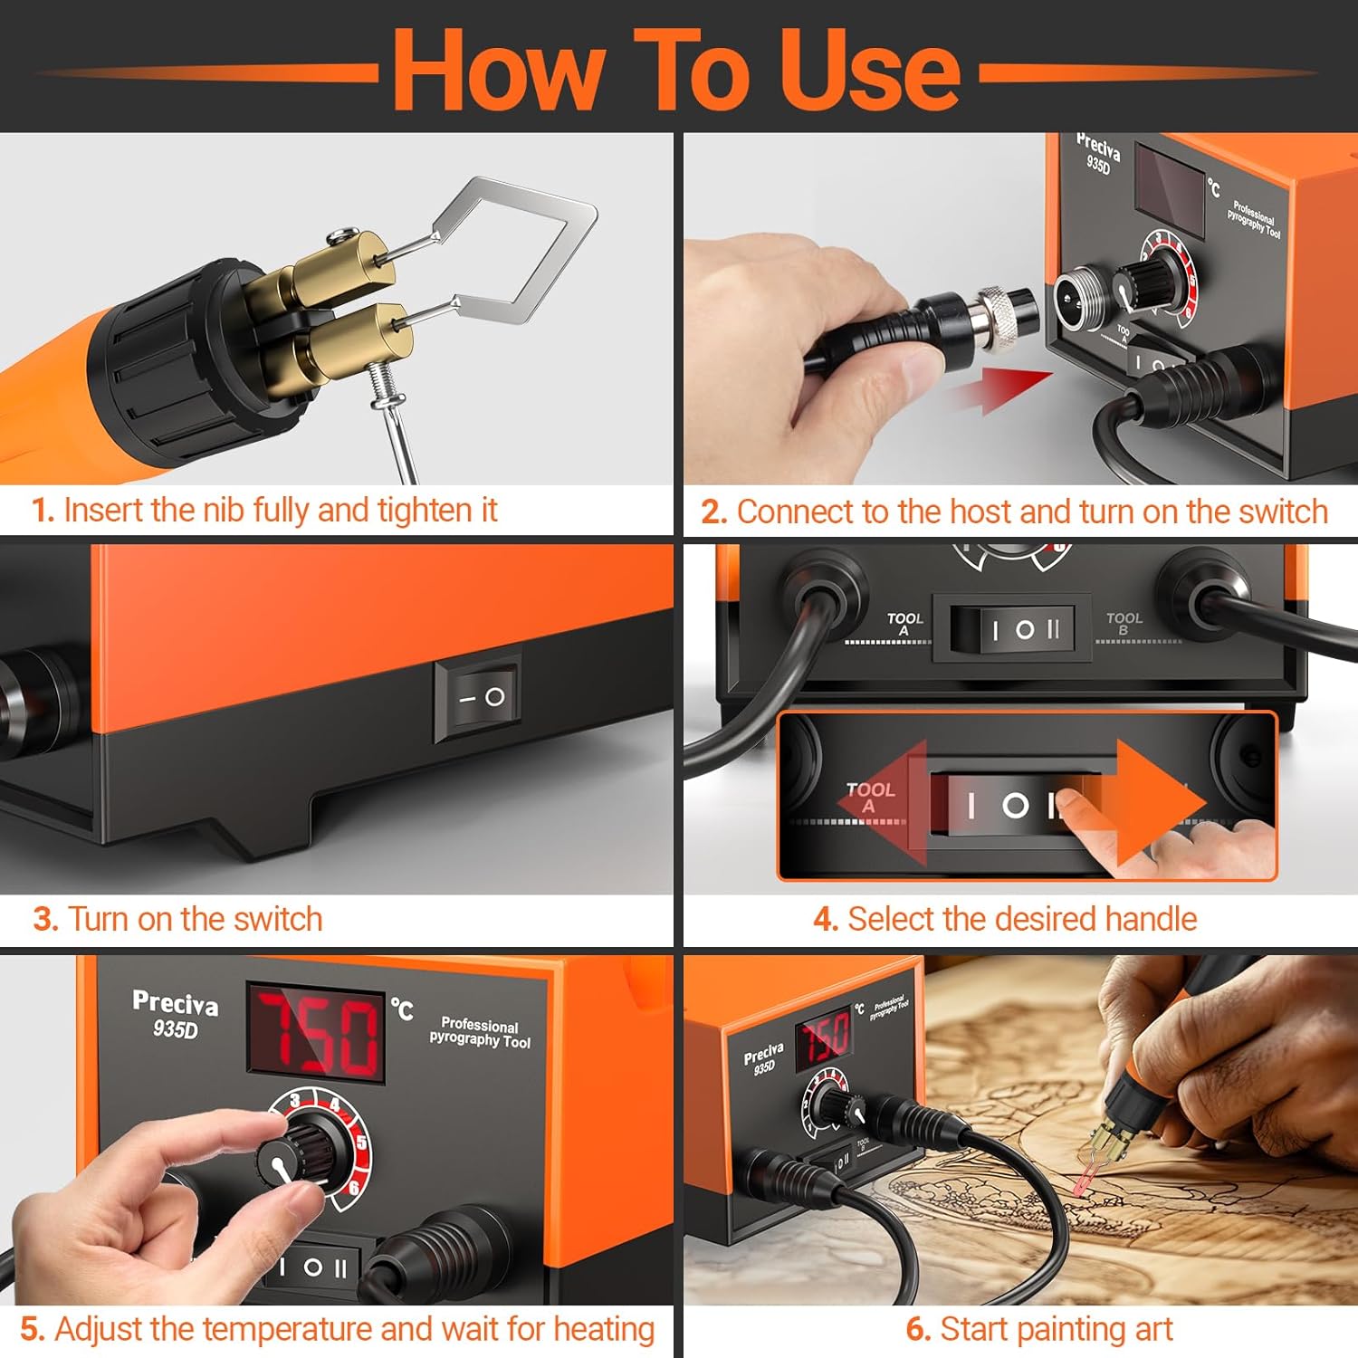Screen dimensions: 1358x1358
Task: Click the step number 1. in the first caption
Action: point(43,511)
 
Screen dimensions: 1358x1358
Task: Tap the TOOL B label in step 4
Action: point(1124,623)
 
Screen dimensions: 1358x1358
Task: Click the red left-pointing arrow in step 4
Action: point(883,804)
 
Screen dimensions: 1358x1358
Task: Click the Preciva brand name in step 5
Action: point(175,1003)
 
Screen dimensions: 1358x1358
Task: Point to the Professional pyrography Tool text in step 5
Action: point(480,1033)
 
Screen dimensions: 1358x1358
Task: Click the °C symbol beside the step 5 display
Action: point(402,1009)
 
